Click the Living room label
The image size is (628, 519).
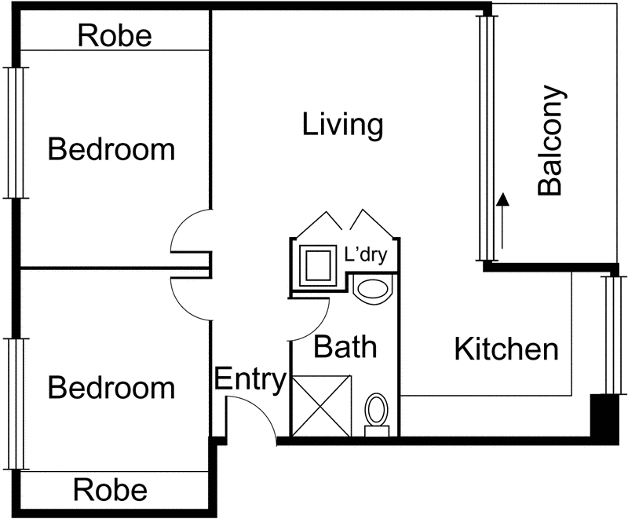click(342, 125)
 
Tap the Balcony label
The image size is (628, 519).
click(551, 141)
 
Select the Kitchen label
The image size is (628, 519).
click(506, 349)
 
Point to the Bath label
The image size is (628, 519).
click(345, 346)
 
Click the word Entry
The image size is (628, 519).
click(250, 379)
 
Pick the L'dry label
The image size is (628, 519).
click(366, 254)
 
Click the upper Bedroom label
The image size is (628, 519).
click(111, 149)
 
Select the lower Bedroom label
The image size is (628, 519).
click(111, 387)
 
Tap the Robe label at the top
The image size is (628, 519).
click(115, 35)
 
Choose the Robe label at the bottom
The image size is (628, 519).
click(110, 490)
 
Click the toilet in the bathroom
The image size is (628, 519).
click(377, 415)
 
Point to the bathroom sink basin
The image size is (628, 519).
click(373, 289)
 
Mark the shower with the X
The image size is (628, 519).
click(322, 406)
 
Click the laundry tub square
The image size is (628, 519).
click(319, 265)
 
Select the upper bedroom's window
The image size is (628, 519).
click(16, 133)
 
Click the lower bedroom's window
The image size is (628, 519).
click(16, 404)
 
